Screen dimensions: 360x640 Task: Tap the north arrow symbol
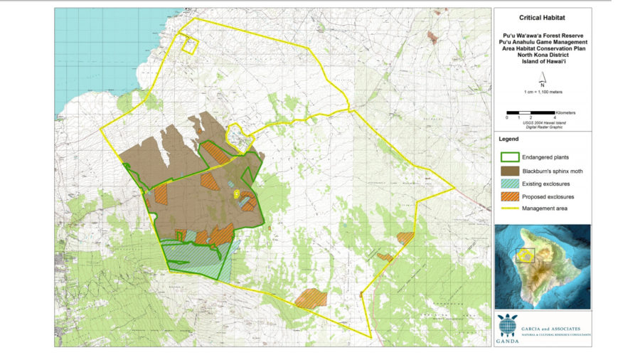click(542, 81)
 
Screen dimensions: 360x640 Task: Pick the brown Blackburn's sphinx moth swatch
click(511, 171)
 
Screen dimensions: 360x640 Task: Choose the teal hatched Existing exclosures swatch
click(511, 184)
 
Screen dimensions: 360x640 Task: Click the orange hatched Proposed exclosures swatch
click(511, 196)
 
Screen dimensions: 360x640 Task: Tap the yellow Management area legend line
click(511, 208)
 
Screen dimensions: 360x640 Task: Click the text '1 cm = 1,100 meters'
click(542, 92)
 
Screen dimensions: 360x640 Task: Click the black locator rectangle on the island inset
click(525, 255)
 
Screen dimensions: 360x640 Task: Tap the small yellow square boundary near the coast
click(189, 46)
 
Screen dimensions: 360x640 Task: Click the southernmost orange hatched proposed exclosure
click(311, 298)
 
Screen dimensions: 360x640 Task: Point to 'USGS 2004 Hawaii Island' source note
click(542, 122)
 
